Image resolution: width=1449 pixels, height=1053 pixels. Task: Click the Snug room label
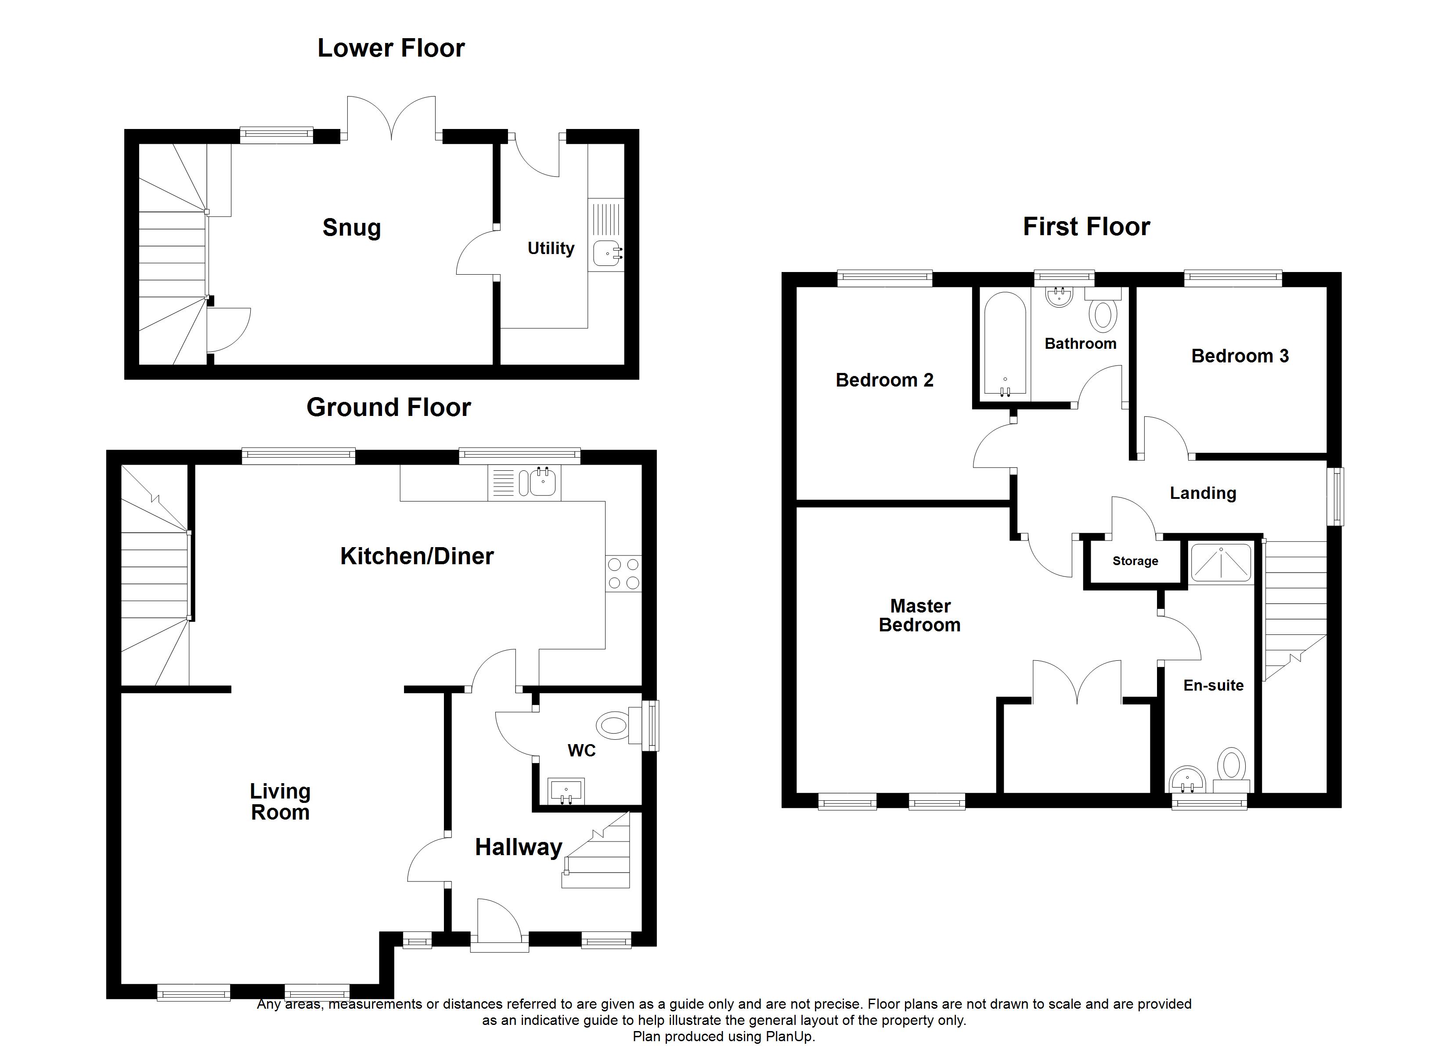(x=351, y=228)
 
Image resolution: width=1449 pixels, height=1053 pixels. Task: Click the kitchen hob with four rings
(x=623, y=573)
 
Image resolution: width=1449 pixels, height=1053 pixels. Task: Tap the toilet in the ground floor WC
(x=613, y=725)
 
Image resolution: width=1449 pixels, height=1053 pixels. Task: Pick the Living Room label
(x=280, y=802)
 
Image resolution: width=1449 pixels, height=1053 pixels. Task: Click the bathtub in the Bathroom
(x=1005, y=344)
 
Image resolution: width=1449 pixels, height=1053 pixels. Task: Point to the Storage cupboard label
(x=1135, y=561)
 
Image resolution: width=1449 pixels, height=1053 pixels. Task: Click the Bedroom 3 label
(x=1240, y=356)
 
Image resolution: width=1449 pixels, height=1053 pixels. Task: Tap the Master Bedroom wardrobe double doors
(x=1077, y=683)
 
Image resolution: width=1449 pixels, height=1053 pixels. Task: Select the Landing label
(x=1202, y=493)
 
